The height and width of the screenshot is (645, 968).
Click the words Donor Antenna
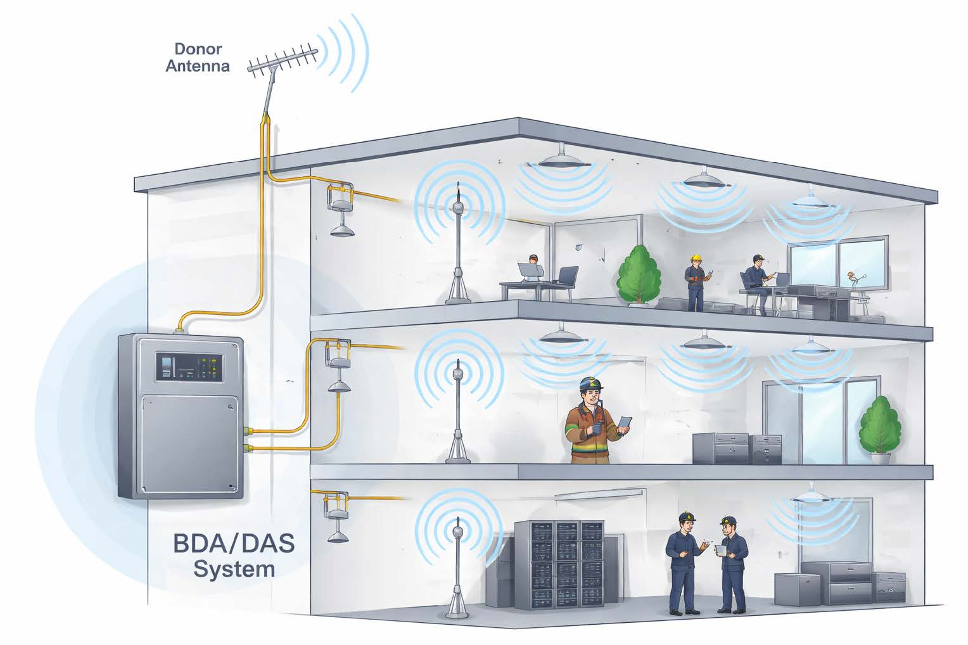198,57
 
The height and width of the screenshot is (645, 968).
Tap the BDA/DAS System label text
234,555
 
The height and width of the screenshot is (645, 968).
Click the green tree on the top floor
639,274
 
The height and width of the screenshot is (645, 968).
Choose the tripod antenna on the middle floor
457,415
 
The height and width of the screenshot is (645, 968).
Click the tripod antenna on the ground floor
457,567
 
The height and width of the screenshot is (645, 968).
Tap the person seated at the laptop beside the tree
534,267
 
